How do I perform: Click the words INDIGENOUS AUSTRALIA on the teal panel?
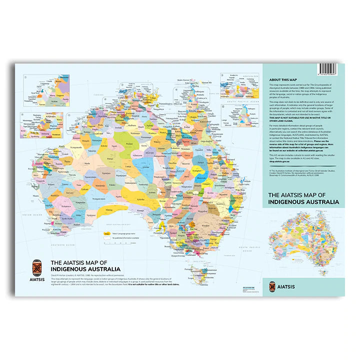(303, 202)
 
